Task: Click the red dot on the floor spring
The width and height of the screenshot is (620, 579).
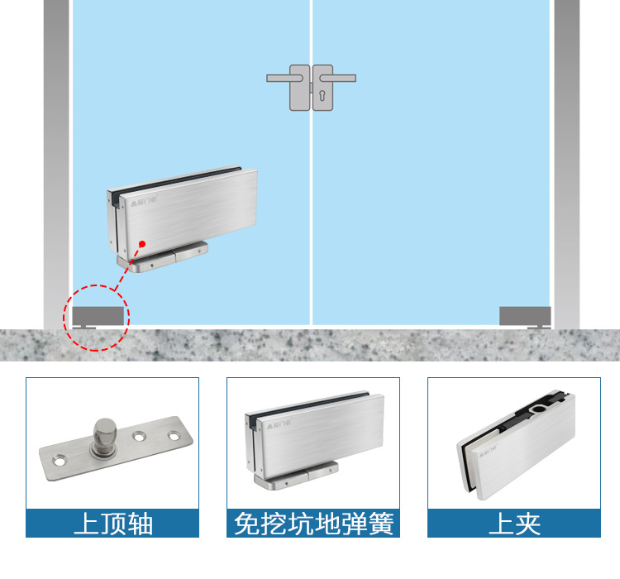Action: pos(143,243)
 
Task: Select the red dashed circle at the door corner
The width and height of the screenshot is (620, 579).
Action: pos(96,317)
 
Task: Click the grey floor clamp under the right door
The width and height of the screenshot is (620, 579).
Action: pos(525,315)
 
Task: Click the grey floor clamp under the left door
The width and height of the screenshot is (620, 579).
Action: pos(98,315)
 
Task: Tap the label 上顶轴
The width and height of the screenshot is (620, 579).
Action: pos(113,524)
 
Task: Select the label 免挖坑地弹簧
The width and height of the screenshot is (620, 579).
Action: pos(313,524)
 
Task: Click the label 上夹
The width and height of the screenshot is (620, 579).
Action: pos(514,524)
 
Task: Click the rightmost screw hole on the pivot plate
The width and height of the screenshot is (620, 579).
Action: pos(174,435)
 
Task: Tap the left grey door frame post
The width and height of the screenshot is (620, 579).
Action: pos(56,165)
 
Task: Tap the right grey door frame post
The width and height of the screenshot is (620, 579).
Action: pos(566,165)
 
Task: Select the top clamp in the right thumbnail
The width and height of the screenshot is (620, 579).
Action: pos(513,447)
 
